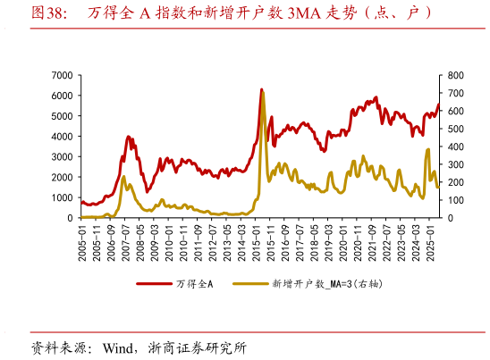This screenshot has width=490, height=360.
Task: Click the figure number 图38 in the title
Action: pyautogui.click(x=48, y=13)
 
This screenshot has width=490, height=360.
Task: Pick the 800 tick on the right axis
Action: pyautogui.click(x=455, y=75)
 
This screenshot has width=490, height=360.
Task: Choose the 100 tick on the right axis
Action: pyautogui.click(x=455, y=200)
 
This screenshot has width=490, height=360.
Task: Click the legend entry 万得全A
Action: pyautogui.click(x=194, y=283)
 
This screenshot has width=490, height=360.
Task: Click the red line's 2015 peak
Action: pyautogui.click(x=261, y=89)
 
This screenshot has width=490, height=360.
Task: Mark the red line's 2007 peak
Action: pyautogui.click(x=129, y=137)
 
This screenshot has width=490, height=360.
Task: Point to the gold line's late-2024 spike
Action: pyautogui.click(x=428, y=149)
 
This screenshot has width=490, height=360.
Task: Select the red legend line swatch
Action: pyautogui.click(x=153, y=283)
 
